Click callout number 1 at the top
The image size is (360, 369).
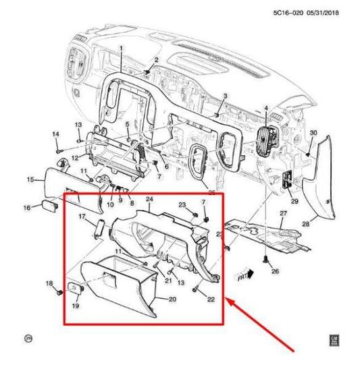pos(122,49)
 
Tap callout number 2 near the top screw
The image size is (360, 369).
pos(156,61)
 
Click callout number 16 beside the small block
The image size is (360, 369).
pos(27,207)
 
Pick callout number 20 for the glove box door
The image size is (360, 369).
pos(153,300)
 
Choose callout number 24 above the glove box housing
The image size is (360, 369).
pos(150,200)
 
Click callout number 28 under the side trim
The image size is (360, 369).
pos(305,223)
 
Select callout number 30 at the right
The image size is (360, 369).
pos(313,134)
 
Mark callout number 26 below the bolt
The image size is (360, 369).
pos(275,271)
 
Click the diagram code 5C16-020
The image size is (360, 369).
pos(288,11)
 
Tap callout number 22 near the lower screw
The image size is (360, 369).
pos(211,299)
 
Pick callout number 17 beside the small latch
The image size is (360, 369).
pos(82,217)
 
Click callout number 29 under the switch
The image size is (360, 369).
pos(294,201)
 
